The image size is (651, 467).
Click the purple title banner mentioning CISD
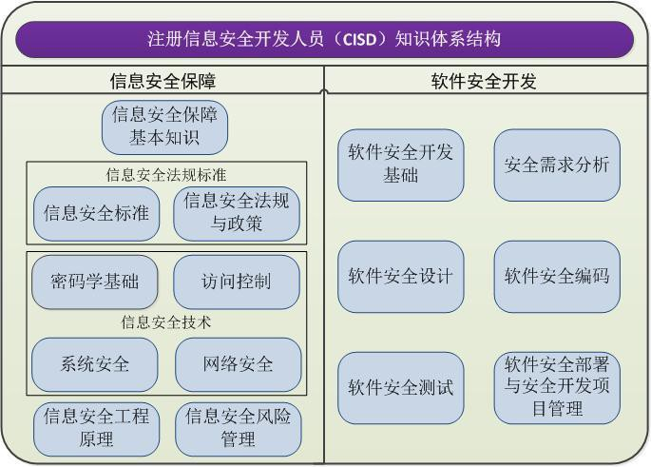coord(325,39)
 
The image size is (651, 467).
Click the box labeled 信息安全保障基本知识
coord(165,127)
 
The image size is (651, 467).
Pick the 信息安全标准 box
coord(95,213)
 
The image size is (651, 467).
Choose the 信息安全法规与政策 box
coord(237,213)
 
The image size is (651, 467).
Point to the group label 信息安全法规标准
coord(166,174)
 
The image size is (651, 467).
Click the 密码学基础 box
coord(94,282)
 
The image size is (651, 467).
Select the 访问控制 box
coord(237,282)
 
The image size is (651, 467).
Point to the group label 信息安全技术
coord(166,322)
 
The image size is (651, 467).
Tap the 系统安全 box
coord(95,363)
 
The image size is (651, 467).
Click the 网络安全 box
coord(238,363)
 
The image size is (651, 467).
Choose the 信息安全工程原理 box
coord(95,428)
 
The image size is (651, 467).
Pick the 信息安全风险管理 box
coord(238,428)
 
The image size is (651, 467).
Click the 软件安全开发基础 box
coord(400,164)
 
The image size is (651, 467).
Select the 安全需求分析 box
coord(556,164)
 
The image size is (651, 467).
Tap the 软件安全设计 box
coord(400,277)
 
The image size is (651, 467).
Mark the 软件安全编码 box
coord(556,277)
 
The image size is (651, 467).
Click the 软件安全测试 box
coord(400,388)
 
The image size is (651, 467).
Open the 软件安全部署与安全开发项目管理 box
coord(556,387)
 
